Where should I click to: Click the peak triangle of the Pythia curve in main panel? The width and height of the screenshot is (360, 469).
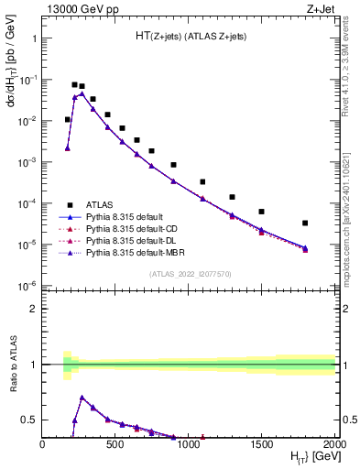coord(82,93)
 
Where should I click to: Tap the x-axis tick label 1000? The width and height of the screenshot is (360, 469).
coord(188,445)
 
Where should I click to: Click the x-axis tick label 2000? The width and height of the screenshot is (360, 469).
coord(333,445)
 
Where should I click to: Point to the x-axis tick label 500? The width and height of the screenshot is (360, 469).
coord(115,445)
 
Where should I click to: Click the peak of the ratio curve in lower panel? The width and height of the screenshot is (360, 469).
coord(82,398)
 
